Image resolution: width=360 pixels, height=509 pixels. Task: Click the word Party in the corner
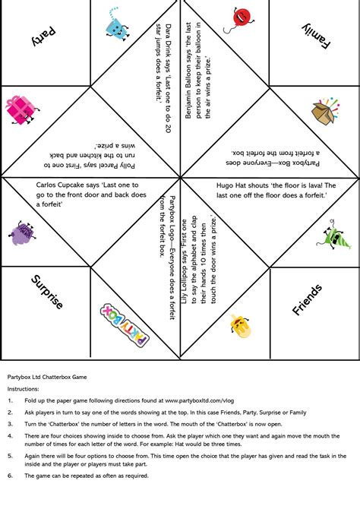[44, 36]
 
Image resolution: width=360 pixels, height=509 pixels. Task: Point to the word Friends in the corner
[308, 299]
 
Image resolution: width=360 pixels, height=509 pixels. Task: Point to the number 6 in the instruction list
[10, 476]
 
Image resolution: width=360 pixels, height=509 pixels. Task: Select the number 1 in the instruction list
[10, 400]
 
